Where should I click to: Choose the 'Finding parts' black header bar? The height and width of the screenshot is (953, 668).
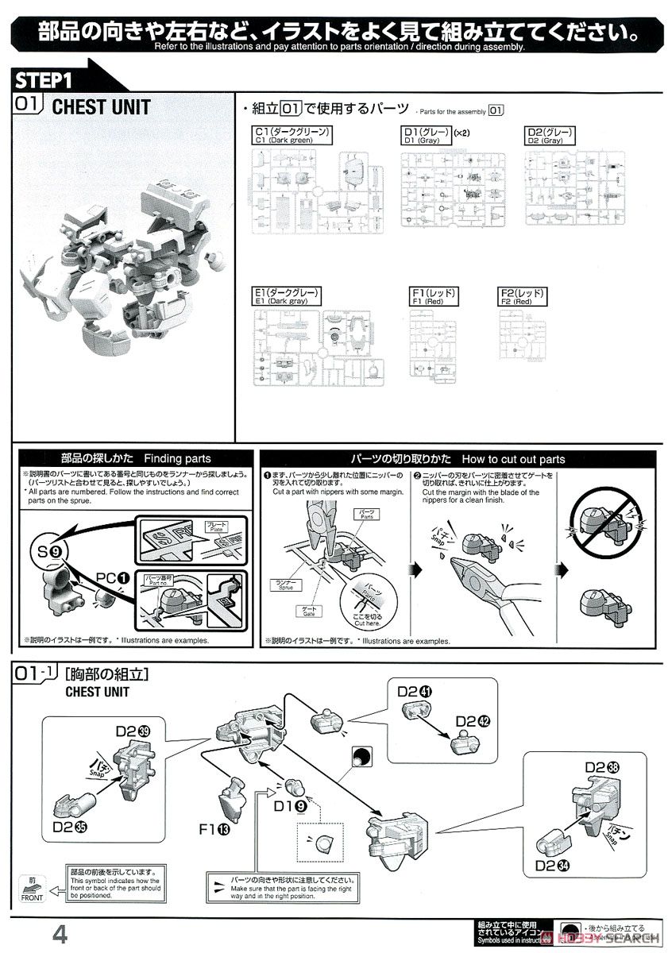[136, 459]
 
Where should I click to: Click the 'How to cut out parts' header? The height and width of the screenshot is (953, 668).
[458, 459]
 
